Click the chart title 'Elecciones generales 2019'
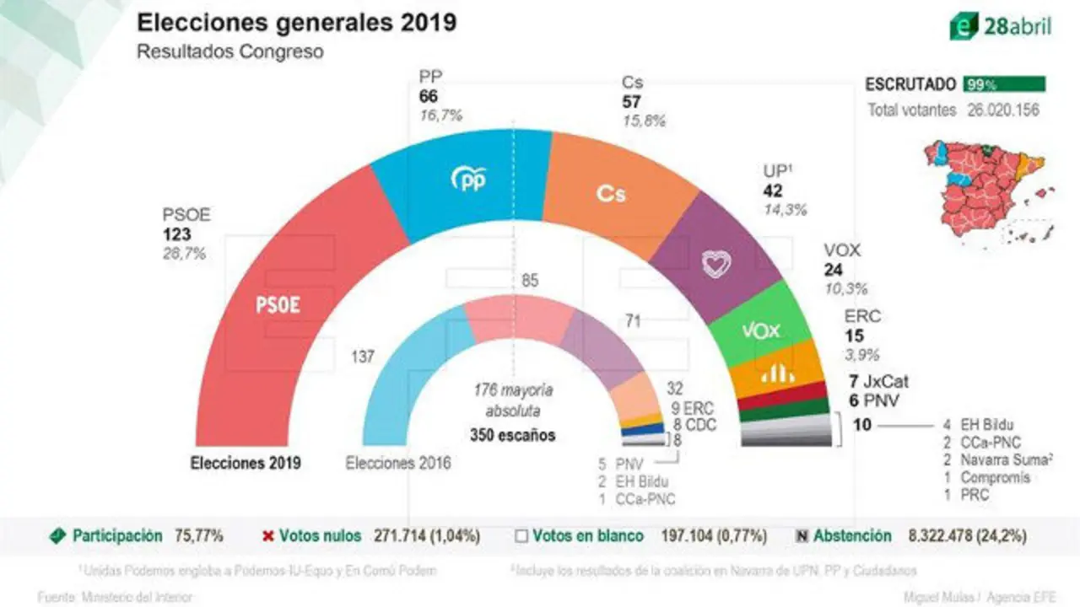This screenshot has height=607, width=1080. click(x=297, y=22)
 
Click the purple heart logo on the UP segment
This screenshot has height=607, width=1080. click(x=715, y=263)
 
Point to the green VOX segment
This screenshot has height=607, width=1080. click(x=759, y=330)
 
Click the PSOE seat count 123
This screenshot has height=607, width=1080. click(x=177, y=234)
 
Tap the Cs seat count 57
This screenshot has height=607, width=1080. click(x=631, y=102)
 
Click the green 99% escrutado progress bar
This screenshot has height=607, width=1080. click(x=1003, y=84)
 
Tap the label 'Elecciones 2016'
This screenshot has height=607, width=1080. click(x=398, y=463)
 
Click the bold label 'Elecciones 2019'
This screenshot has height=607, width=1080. click(x=246, y=463)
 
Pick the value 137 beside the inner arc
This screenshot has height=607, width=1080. click(x=364, y=357)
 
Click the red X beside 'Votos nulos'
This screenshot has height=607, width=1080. click(x=268, y=536)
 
